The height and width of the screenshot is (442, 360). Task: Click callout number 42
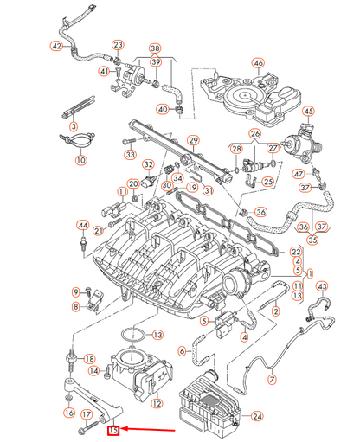57,45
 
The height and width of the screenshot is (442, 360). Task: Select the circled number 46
257,63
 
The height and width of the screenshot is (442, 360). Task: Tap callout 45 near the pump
309,112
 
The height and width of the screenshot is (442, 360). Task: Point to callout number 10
80,160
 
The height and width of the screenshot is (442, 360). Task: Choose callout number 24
256,416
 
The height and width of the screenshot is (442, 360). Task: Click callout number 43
322,286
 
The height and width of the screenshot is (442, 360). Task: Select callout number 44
83,226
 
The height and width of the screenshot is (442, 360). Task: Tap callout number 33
130,155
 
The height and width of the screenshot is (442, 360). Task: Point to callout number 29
194,140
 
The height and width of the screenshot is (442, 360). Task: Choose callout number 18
90,357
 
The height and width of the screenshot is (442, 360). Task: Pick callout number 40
162,109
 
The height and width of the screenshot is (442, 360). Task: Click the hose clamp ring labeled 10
78,138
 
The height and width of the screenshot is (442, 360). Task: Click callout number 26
254,133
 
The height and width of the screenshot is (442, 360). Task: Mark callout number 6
183,351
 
